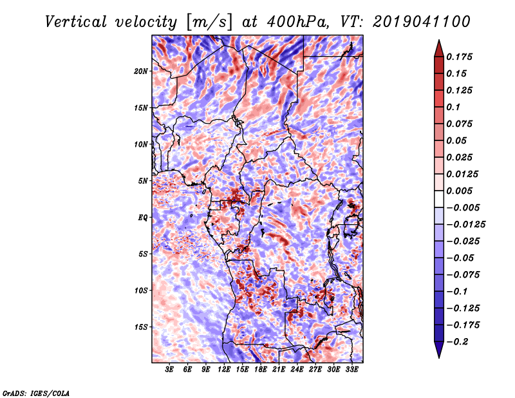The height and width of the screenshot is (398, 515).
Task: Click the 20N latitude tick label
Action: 141,71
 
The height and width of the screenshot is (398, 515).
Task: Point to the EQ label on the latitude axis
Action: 142,218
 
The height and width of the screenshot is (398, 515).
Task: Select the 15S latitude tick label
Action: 141,327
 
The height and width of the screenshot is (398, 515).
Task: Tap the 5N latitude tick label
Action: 143,181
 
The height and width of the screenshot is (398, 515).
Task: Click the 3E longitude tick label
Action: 169,370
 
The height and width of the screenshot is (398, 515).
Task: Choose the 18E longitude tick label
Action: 261,370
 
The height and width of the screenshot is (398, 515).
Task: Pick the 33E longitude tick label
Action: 351,370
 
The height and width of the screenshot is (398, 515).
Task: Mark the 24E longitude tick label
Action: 297,370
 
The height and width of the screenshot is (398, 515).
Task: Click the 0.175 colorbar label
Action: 459,57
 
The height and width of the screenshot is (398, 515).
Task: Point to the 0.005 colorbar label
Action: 459,191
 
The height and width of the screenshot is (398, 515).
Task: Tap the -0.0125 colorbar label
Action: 465,225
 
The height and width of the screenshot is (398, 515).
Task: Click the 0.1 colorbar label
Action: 453,107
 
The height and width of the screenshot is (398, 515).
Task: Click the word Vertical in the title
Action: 76,22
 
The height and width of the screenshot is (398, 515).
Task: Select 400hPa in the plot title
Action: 298,22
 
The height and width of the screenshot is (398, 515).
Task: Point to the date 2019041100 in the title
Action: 422,22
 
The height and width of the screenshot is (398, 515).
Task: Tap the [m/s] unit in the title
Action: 209,23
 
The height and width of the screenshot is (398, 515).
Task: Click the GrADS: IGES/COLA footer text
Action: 36,393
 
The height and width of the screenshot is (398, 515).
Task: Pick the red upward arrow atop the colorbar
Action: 439,48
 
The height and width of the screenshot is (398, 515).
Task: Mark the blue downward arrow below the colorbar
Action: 439,350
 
